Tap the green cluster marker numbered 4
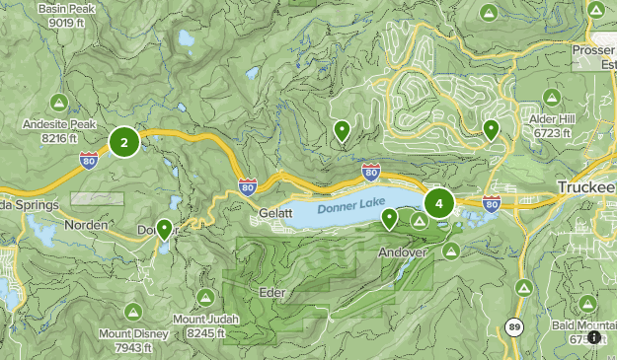pyautogui.click(x=438, y=204)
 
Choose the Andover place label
pyautogui.click(x=402, y=252)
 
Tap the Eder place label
pyautogui.click(x=270, y=293)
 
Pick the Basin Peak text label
pyautogui.click(x=67, y=10)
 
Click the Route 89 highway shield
pyautogui.click(x=513, y=326)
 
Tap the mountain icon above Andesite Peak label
pyautogui.click(x=58, y=103)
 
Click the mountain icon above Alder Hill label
pyautogui.click(x=552, y=96)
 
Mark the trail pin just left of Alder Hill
pyautogui.click(x=491, y=129)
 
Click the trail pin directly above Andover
pyautogui.click(x=390, y=219)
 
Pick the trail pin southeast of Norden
pyautogui.click(x=164, y=229)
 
